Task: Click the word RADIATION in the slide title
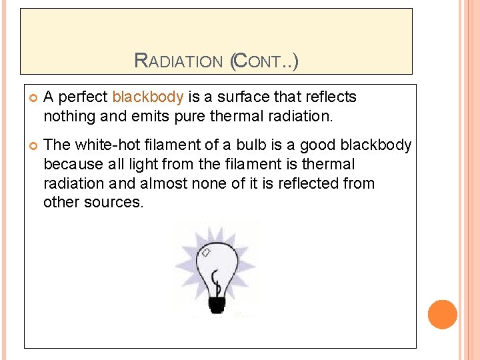pos(179,62)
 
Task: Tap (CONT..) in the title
pos(264,62)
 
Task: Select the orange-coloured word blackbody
pos(147,97)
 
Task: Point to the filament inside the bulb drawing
pos(215,280)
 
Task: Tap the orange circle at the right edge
pos(442,315)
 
